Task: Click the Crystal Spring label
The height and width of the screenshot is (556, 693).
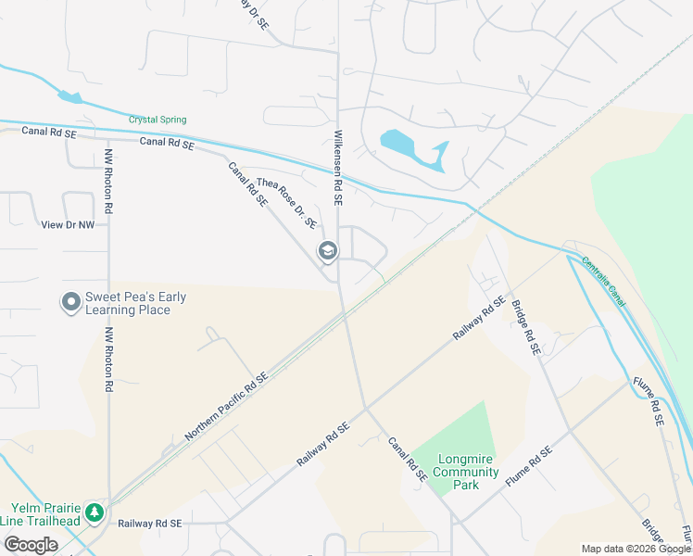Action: coord(157,120)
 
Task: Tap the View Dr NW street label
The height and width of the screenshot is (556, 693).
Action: coord(69,224)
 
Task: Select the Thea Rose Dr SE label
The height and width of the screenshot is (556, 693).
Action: coord(287,203)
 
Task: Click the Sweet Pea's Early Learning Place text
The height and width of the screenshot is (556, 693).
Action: coord(135,303)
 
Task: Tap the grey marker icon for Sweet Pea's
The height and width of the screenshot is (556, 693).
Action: coord(70,303)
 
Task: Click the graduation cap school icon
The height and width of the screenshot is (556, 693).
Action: coord(327,251)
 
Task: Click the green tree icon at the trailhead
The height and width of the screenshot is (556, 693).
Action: coord(94,512)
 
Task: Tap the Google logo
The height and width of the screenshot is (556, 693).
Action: coord(31,545)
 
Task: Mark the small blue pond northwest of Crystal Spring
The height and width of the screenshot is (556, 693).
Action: coord(69,96)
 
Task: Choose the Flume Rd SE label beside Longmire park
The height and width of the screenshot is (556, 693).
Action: coord(529,467)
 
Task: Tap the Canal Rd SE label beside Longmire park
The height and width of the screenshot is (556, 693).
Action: coord(406,460)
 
